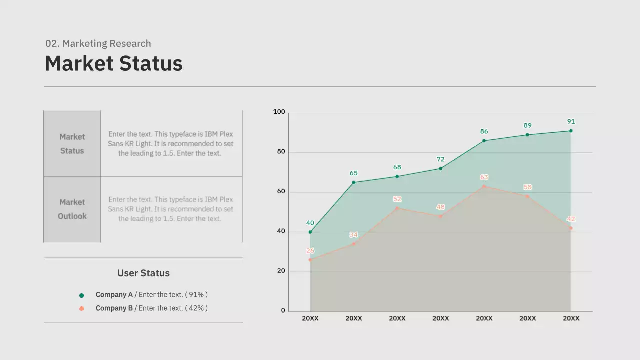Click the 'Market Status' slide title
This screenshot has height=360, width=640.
[x=114, y=64]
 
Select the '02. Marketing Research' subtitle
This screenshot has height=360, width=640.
[x=98, y=44]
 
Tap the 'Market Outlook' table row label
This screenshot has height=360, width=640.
[x=72, y=209]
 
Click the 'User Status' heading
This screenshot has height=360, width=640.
[x=143, y=273]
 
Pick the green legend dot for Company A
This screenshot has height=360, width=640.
[x=82, y=295]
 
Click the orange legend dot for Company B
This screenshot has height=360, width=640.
[x=82, y=309]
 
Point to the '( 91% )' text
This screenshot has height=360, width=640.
[x=196, y=295]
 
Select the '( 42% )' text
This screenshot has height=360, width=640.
[x=196, y=308]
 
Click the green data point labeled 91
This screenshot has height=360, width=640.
[x=571, y=131]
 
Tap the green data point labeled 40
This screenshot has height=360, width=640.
[x=310, y=232]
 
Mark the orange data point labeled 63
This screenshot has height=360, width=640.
[x=484, y=186]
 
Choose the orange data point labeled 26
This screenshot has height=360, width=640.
[x=310, y=260]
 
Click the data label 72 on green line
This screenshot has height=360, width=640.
[x=440, y=160]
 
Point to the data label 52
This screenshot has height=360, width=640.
[x=397, y=199]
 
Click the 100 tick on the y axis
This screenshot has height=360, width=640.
[x=279, y=112]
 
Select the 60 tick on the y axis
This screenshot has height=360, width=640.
[x=281, y=192]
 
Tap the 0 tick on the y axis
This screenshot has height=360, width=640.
[x=283, y=311]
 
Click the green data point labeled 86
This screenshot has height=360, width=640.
[x=484, y=141]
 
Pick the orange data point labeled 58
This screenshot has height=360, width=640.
[x=527, y=196]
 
